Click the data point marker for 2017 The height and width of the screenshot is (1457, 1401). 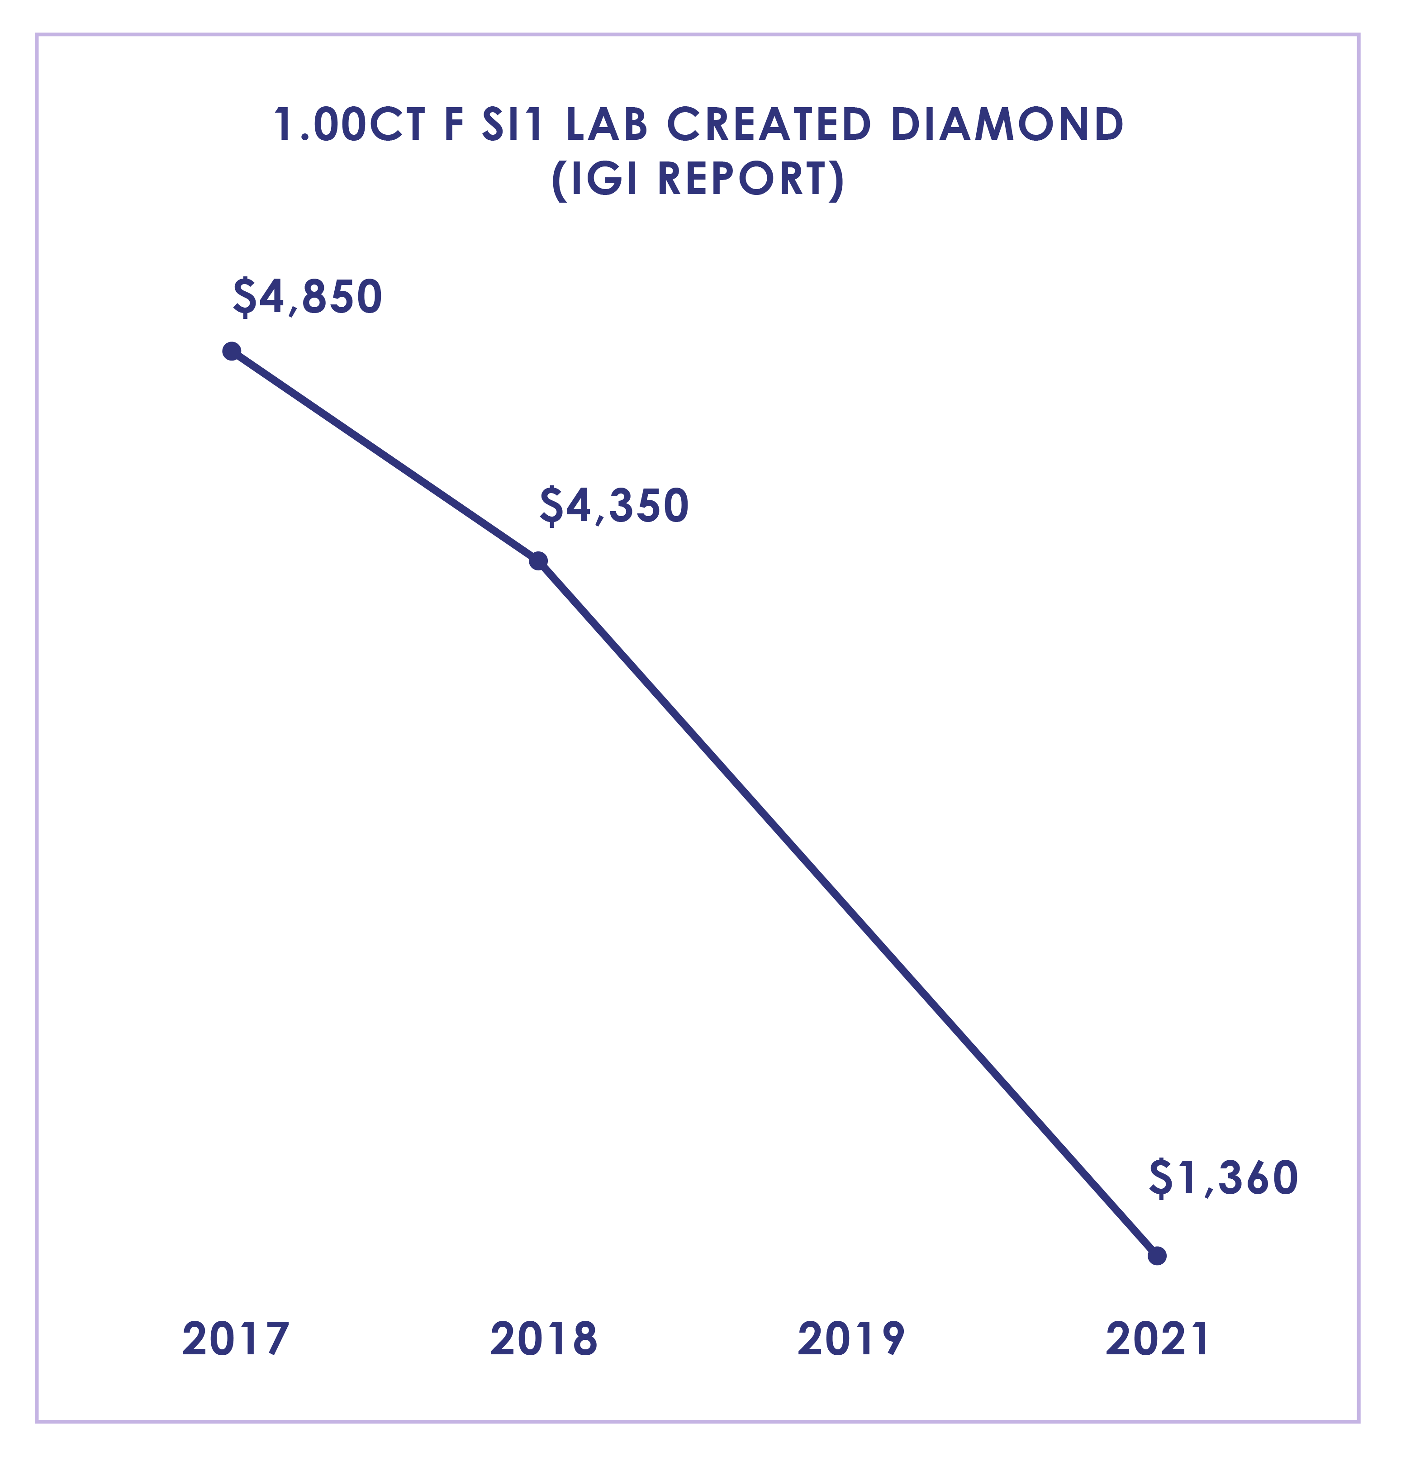[232, 351]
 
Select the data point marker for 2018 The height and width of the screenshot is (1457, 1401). [539, 560]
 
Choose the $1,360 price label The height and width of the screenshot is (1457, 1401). [1223, 1178]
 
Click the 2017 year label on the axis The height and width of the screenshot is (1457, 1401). [235, 1339]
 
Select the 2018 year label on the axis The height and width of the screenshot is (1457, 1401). [543, 1339]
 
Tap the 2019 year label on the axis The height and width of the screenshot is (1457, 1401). [851, 1339]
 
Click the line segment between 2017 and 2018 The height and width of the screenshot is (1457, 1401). [385, 456]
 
